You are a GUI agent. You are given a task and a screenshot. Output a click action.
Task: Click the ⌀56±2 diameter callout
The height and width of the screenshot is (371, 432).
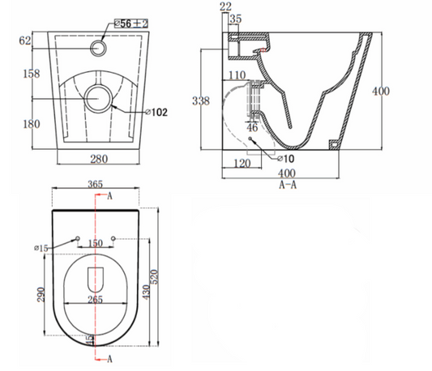(x=131, y=23)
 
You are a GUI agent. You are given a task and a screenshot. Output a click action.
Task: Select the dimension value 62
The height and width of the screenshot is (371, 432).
(x=25, y=41)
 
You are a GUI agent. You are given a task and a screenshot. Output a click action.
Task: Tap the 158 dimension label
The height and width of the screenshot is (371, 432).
(x=32, y=74)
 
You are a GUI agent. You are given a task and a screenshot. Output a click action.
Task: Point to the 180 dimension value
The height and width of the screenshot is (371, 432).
(x=32, y=124)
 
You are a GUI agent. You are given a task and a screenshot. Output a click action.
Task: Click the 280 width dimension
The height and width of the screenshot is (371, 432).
(x=99, y=159)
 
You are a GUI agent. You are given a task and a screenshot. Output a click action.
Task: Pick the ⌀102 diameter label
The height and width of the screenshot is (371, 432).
(x=156, y=112)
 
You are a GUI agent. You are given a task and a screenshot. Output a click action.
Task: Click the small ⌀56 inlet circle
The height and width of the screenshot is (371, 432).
(x=98, y=49)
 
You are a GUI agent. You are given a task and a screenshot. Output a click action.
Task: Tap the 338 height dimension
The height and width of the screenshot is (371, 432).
(x=201, y=100)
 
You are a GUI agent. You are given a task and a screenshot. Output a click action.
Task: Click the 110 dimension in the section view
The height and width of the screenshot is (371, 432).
(x=237, y=75)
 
